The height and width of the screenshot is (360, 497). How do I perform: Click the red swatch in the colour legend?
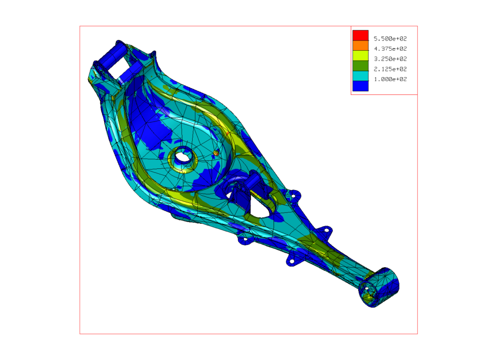[x=361, y=35]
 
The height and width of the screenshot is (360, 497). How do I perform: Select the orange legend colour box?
[x=361, y=46]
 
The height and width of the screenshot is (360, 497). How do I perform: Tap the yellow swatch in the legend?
[x=361, y=56]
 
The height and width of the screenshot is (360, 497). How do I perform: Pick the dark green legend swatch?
[x=361, y=66]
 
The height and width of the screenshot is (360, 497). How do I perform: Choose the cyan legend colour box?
[x=361, y=76]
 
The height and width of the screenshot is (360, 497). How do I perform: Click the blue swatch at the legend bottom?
[x=361, y=86]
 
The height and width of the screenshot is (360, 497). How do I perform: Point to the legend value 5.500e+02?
[x=390, y=39]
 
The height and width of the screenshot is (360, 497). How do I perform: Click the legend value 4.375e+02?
[x=390, y=49]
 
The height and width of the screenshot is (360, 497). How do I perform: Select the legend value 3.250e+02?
[x=390, y=59]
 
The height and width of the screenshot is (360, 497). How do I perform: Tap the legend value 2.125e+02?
[x=390, y=69]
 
